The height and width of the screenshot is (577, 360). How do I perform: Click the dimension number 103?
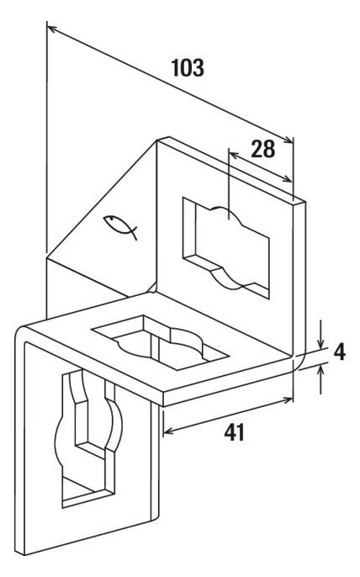188,67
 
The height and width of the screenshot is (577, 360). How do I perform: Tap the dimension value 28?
262,149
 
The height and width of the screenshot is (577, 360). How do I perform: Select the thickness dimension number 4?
339,352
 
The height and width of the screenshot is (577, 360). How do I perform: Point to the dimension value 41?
234,432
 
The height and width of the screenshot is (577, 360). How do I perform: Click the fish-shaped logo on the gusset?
120,225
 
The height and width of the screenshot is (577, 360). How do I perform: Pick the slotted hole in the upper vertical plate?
226,247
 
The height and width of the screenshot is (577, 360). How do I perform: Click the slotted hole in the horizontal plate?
161,342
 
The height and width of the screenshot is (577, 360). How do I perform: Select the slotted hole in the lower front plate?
88,438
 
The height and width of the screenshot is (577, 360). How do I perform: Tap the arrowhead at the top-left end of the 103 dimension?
50,28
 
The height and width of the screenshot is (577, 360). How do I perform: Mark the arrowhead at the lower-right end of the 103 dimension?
289,140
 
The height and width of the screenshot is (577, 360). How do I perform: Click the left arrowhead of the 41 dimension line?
167,431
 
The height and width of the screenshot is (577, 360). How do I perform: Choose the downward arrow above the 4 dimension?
321,334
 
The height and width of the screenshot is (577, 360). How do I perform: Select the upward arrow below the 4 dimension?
321,378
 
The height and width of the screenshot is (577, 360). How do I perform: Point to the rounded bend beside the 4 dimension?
301,360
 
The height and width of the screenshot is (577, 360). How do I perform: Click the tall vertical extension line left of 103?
47,137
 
